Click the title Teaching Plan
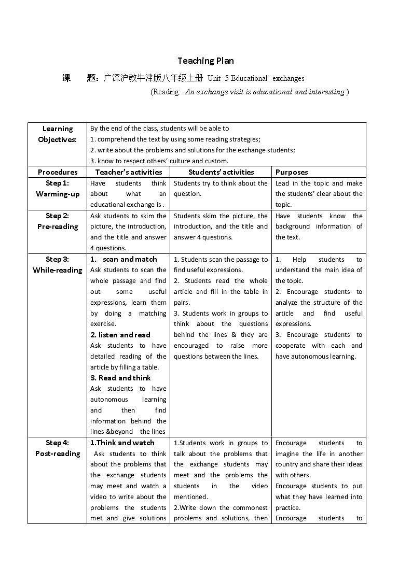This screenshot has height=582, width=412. pyautogui.click(x=205, y=61)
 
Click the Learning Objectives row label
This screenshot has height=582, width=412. pyautogui.click(x=57, y=134)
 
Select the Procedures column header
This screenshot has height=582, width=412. pyautogui.click(x=57, y=172)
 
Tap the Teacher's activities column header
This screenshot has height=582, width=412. pyautogui.click(x=128, y=172)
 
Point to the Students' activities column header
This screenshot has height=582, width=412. pyautogui.click(x=221, y=172)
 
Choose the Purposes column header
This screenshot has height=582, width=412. pyautogui.click(x=291, y=172)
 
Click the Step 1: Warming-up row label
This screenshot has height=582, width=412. pyautogui.click(x=57, y=189)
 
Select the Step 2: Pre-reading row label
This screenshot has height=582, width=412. pyautogui.click(x=57, y=221)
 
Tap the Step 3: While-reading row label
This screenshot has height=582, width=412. pyautogui.click(x=57, y=264)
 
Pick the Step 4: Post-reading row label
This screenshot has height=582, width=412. pyautogui.click(x=57, y=448)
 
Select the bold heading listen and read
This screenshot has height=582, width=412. pyautogui.click(x=120, y=335)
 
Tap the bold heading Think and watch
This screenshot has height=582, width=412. pyautogui.click(x=122, y=443)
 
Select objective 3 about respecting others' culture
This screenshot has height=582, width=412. pyautogui.click(x=159, y=161)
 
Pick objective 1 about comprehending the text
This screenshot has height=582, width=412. pyautogui.click(x=175, y=139)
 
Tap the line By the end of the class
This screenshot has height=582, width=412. pyautogui.click(x=159, y=128)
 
